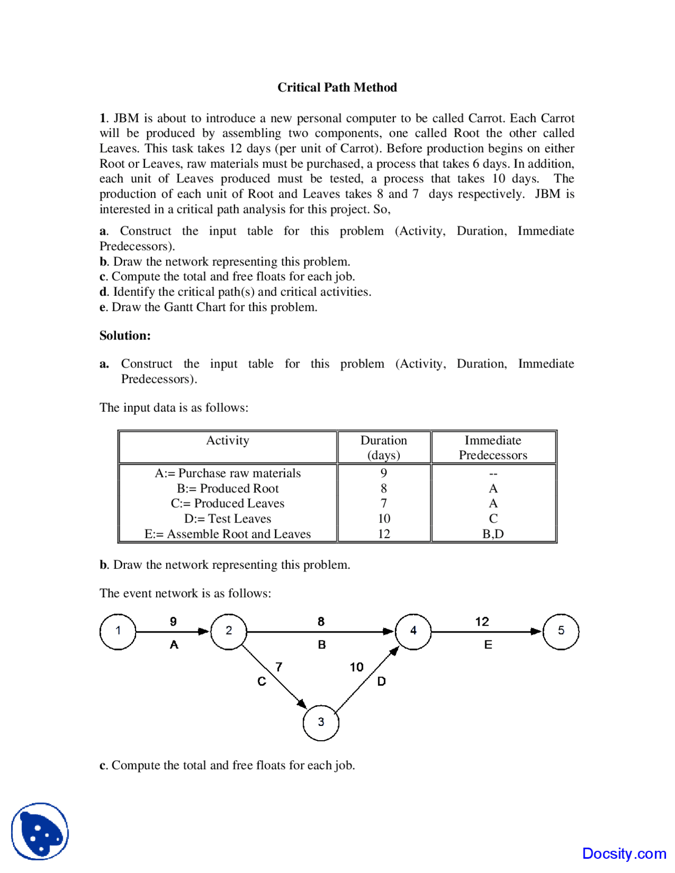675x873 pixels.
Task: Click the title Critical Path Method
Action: pyautogui.click(x=337, y=88)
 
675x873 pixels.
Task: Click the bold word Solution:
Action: pyautogui.click(x=125, y=336)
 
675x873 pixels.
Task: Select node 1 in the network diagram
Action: pyautogui.click(x=118, y=631)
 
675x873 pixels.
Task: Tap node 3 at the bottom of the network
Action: pyautogui.click(x=321, y=722)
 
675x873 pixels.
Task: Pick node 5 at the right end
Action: pyautogui.click(x=561, y=631)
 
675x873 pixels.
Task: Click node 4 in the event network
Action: pyautogui.click(x=413, y=631)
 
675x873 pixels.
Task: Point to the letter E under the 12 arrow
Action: pyautogui.click(x=488, y=645)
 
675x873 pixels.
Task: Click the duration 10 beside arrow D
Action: pyautogui.click(x=356, y=667)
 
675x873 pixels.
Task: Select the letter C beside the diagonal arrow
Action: pyautogui.click(x=262, y=682)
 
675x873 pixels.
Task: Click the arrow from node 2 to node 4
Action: pyautogui.click(x=320, y=632)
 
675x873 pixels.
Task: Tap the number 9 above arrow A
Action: pyautogui.click(x=173, y=622)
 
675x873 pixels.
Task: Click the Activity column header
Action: pyautogui.click(x=227, y=441)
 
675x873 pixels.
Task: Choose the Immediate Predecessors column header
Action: pyautogui.click(x=493, y=448)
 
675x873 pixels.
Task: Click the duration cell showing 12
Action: pyautogui.click(x=383, y=534)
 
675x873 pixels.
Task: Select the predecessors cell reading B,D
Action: pyautogui.click(x=493, y=534)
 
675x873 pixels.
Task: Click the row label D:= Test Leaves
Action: pyautogui.click(x=227, y=519)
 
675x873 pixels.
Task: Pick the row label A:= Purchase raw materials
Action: pyautogui.click(x=227, y=473)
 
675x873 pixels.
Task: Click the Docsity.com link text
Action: pyautogui.click(x=624, y=853)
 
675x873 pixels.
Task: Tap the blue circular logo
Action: pyautogui.click(x=40, y=831)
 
